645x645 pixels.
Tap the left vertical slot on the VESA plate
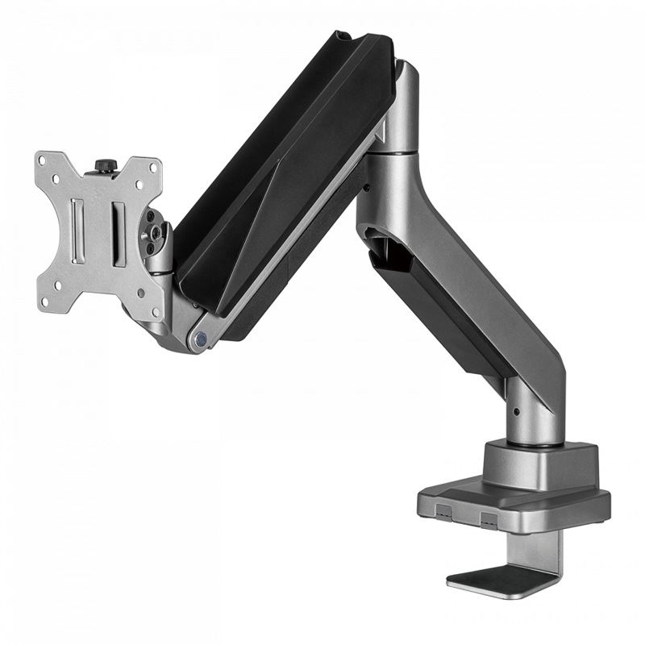point(77,230)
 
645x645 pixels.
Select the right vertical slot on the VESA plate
point(118,235)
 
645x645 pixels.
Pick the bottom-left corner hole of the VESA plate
point(45,299)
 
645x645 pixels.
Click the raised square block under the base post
point(539,464)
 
